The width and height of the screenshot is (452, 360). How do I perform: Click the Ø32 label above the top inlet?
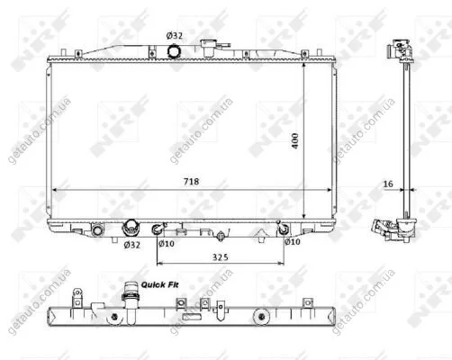coord(175,36)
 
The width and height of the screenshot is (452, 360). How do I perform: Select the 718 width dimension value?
coord(191,182)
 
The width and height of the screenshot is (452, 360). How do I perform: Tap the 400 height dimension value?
coord(295,140)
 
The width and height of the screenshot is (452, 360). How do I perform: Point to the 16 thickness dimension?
coord(388,184)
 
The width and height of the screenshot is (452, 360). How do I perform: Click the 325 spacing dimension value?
coord(221,257)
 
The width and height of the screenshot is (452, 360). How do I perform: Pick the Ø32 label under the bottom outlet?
coord(132,245)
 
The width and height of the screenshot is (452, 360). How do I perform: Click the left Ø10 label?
coord(167,244)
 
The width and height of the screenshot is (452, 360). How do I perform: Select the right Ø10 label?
coord(293,241)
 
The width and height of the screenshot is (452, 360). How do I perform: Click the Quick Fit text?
coord(159,284)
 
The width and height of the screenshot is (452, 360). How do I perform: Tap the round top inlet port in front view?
coord(174,50)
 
